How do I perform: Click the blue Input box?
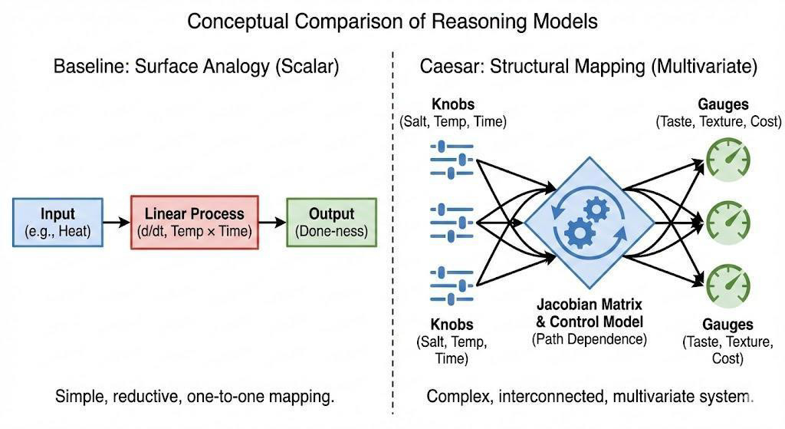click(57, 223)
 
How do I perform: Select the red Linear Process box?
click(194, 223)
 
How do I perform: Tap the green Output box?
click(331, 223)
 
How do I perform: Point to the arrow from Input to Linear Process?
click(117, 223)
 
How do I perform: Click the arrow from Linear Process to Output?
click(272, 223)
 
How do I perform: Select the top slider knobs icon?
click(452, 160)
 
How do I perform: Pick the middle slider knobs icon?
click(452, 223)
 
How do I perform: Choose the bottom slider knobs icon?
click(452, 286)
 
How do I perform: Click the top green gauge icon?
click(728, 160)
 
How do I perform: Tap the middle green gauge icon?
click(728, 223)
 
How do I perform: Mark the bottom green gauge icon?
click(728, 286)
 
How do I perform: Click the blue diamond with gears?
click(590, 223)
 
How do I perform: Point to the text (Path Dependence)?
click(590, 339)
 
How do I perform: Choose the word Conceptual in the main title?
click(238, 21)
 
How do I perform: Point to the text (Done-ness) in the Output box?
click(331, 231)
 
